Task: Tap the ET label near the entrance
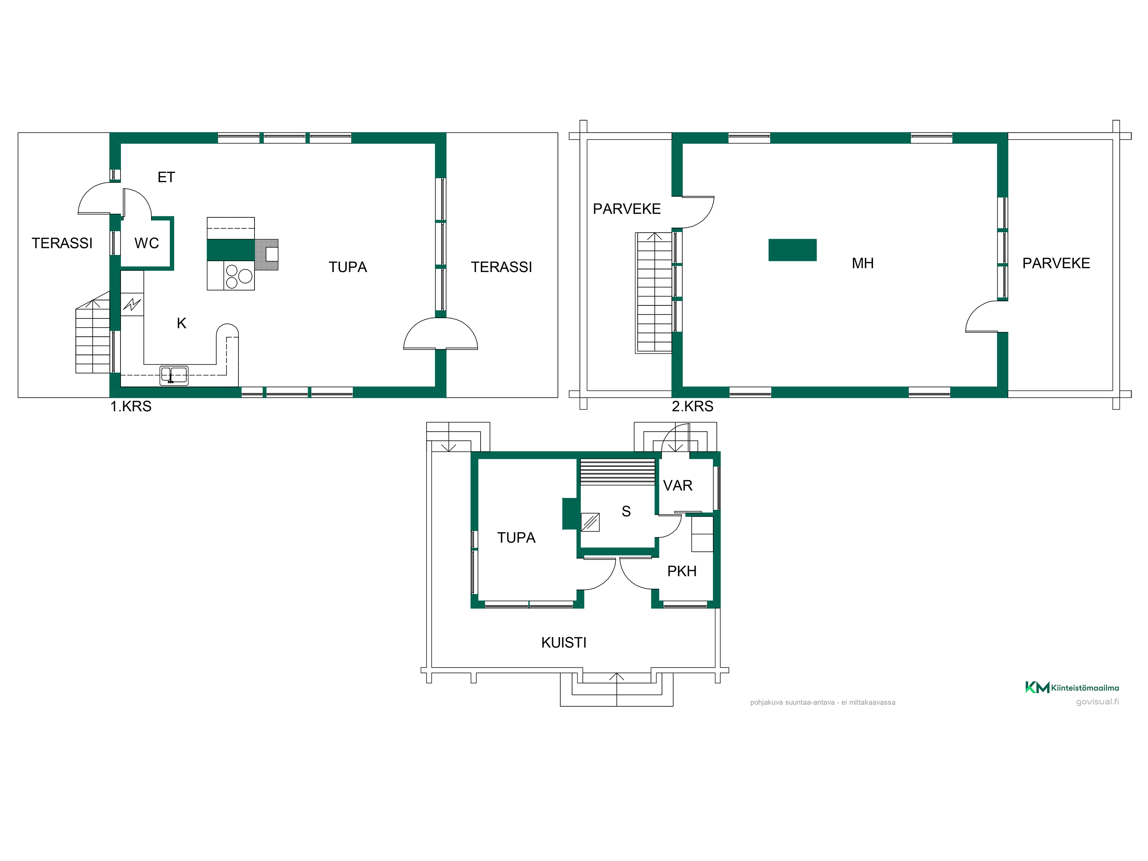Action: (x=166, y=177)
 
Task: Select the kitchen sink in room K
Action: (x=174, y=375)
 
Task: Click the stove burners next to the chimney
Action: (x=239, y=276)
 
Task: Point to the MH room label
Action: (x=863, y=263)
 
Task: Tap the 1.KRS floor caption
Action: (x=131, y=406)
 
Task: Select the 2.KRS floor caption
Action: (x=692, y=406)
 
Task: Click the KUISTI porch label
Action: (x=564, y=642)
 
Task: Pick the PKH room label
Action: (x=682, y=571)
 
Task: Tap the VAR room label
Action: (x=677, y=485)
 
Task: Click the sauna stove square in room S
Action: (x=590, y=522)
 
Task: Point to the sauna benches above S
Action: (x=618, y=472)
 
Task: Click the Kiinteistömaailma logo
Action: (x=1072, y=687)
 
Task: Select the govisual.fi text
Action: (x=1097, y=702)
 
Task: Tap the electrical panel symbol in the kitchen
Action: (x=132, y=304)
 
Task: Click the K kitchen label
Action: (x=181, y=323)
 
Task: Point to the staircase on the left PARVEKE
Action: (x=654, y=293)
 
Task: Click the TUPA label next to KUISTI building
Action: (x=516, y=537)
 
